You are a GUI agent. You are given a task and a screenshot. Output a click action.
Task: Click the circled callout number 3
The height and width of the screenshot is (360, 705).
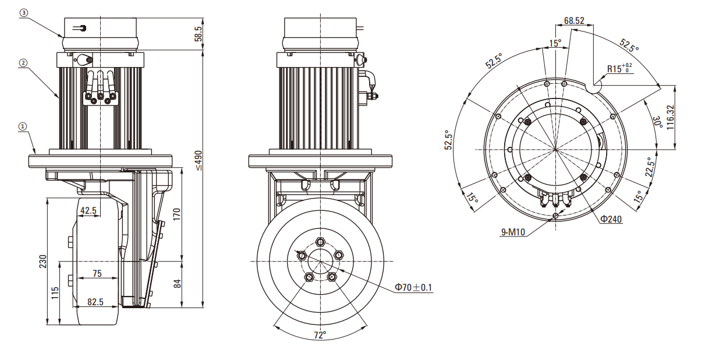coord(24,12)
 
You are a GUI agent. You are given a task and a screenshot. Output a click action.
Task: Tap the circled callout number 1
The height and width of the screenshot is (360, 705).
coord(23,125)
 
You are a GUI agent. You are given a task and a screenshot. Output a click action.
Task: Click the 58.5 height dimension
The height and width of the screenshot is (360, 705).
coord(199,33)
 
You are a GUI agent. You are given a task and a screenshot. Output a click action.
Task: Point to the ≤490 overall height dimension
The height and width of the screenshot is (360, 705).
coord(199,160)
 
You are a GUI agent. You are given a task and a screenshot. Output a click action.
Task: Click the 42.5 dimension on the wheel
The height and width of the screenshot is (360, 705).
coord(88,210)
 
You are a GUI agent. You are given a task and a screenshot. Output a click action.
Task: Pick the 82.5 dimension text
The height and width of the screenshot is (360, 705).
coord(95,302)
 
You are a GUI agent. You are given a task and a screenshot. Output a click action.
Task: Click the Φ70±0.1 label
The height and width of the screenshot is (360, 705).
coord(413,287)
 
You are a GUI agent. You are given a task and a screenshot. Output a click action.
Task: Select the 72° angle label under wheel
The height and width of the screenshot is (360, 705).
coord(320,335)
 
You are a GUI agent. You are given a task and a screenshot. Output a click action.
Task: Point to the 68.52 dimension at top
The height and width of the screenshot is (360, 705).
coord(573,20)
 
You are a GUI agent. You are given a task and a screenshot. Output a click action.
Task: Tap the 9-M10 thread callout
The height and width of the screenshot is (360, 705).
coord(513,232)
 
